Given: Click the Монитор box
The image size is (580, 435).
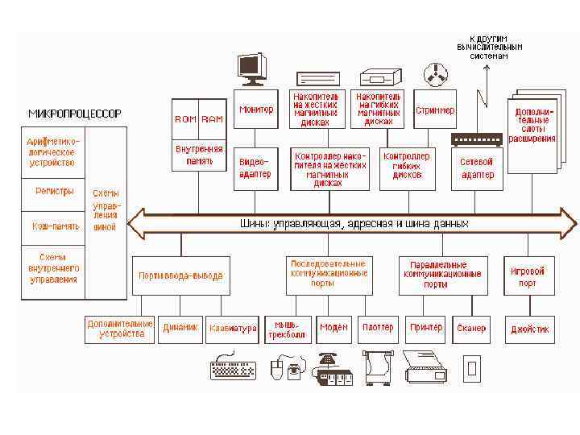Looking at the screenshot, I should [x=256, y=110].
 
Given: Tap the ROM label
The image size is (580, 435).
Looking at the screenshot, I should [x=185, y=119].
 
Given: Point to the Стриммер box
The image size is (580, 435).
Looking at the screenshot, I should [x=435, y=110].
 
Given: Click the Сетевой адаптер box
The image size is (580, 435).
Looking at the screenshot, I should [x=477, y=168].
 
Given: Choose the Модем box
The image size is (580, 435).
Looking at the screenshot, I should [x=333, y=329].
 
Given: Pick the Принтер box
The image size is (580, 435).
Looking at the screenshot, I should [x=426, y=329].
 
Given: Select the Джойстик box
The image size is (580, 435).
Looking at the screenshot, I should [x=530, y=329].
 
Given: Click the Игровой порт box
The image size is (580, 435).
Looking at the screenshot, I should [x=528, y=276].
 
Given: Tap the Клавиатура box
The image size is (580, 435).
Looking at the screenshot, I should [x=233, y=329].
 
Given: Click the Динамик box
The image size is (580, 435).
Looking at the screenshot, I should [x=180, y=329].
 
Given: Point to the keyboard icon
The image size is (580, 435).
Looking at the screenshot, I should [x=232, y=369].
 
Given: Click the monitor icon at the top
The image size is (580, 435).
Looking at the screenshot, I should [x=252, y=68].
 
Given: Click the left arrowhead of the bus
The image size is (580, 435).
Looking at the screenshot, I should [x=135, y=223].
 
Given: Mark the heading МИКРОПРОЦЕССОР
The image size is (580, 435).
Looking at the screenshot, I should [x=75, y=114].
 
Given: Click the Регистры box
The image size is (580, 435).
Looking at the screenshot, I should [x=55, y=192].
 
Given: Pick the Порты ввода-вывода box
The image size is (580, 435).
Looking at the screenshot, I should [x=180, y=276].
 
